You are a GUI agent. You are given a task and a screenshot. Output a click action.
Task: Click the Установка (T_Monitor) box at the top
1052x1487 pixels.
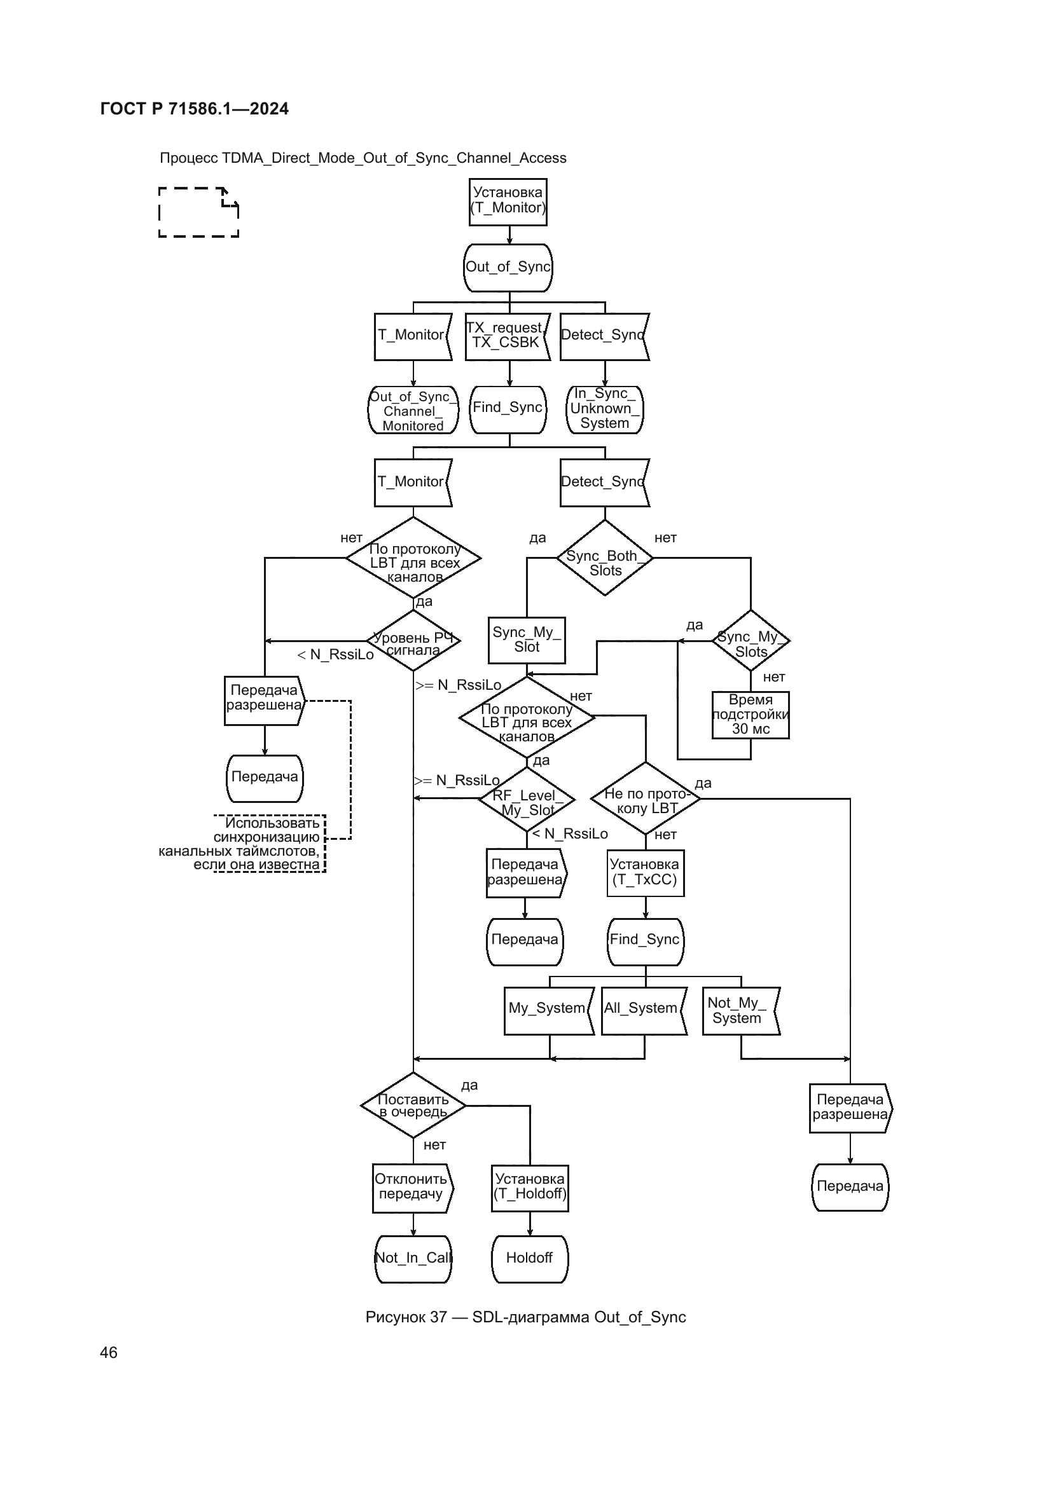[x=508, y=202]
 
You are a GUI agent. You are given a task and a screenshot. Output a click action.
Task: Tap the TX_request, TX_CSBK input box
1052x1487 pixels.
[x=507, y=336]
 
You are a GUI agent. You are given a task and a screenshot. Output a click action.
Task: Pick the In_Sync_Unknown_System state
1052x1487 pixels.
[x=604, y=409]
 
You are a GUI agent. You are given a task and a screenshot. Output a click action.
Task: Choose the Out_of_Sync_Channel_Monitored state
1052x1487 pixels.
[x=413, y=410]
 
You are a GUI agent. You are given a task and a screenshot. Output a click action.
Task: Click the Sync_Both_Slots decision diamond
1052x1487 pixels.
[x=604, y=558]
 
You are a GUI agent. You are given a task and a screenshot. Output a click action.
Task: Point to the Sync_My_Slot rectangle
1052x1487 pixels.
[x=527, y=640]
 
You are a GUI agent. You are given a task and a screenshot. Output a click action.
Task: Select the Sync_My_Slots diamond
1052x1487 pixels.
[x=750, y=641]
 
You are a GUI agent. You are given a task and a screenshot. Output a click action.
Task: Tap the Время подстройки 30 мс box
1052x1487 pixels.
[x=750, y=715]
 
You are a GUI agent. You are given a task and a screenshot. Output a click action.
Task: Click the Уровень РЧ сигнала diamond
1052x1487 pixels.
[x=413, y=641]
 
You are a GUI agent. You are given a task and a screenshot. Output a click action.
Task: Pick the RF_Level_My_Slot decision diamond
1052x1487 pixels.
[x=526, y=798]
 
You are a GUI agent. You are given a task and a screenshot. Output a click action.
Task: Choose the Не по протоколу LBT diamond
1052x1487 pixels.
[x=645, y=798]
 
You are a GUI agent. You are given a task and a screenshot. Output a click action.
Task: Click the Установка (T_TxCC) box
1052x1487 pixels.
[x=645, y=872]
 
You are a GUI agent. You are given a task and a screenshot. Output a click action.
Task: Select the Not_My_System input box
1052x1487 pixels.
[x=740, y=1011]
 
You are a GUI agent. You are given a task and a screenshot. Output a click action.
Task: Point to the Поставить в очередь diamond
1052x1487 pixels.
[x=413, y=1106]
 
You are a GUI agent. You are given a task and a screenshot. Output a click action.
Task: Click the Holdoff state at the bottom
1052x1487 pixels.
[x=529, y=1258]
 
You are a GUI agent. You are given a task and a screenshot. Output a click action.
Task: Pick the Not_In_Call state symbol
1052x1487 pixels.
[x=413, y=1258]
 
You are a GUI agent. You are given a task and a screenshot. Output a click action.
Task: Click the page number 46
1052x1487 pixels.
[x=109, y=1352]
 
